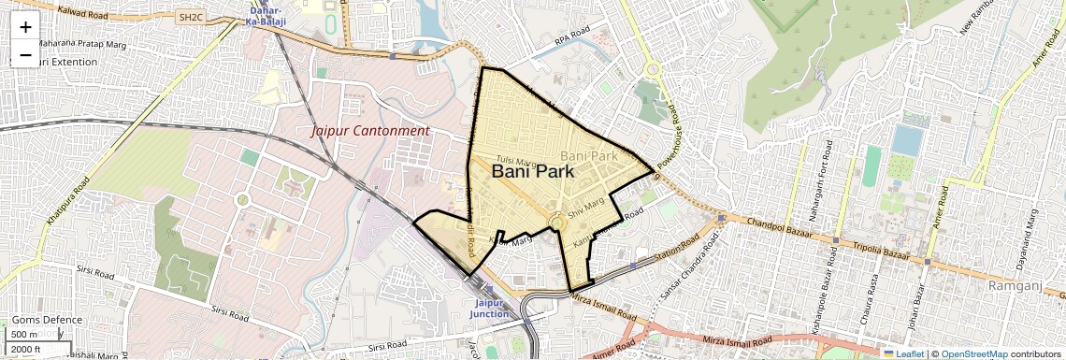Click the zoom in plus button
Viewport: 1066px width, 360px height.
pos(25,26)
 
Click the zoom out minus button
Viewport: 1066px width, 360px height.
pos(25,54)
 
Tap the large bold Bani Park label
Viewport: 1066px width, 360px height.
pos(532,172)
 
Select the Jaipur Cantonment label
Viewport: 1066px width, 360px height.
pos(370,131)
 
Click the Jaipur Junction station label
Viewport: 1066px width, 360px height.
pos(491,309)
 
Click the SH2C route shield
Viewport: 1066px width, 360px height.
pos(191,17)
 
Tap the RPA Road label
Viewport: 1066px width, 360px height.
pos(572,40)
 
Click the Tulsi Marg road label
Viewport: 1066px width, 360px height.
pos(515,160)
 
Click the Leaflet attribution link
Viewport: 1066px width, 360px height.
pos(903,353)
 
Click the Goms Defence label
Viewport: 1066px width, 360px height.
pos(47,320)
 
